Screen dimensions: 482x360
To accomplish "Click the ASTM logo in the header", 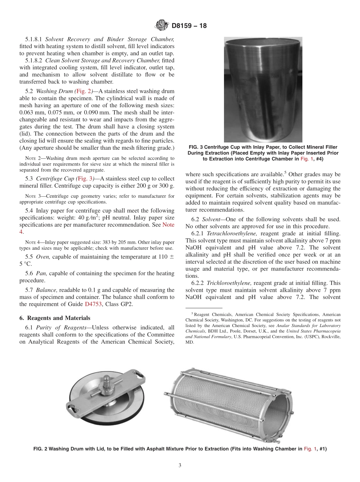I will (x=162, y=26).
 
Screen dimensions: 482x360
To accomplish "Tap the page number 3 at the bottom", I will (x=180, y=466).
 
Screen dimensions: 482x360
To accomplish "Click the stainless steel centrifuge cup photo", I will (x=263, y=89).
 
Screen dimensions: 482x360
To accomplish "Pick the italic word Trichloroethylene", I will (x=224, y=283).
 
